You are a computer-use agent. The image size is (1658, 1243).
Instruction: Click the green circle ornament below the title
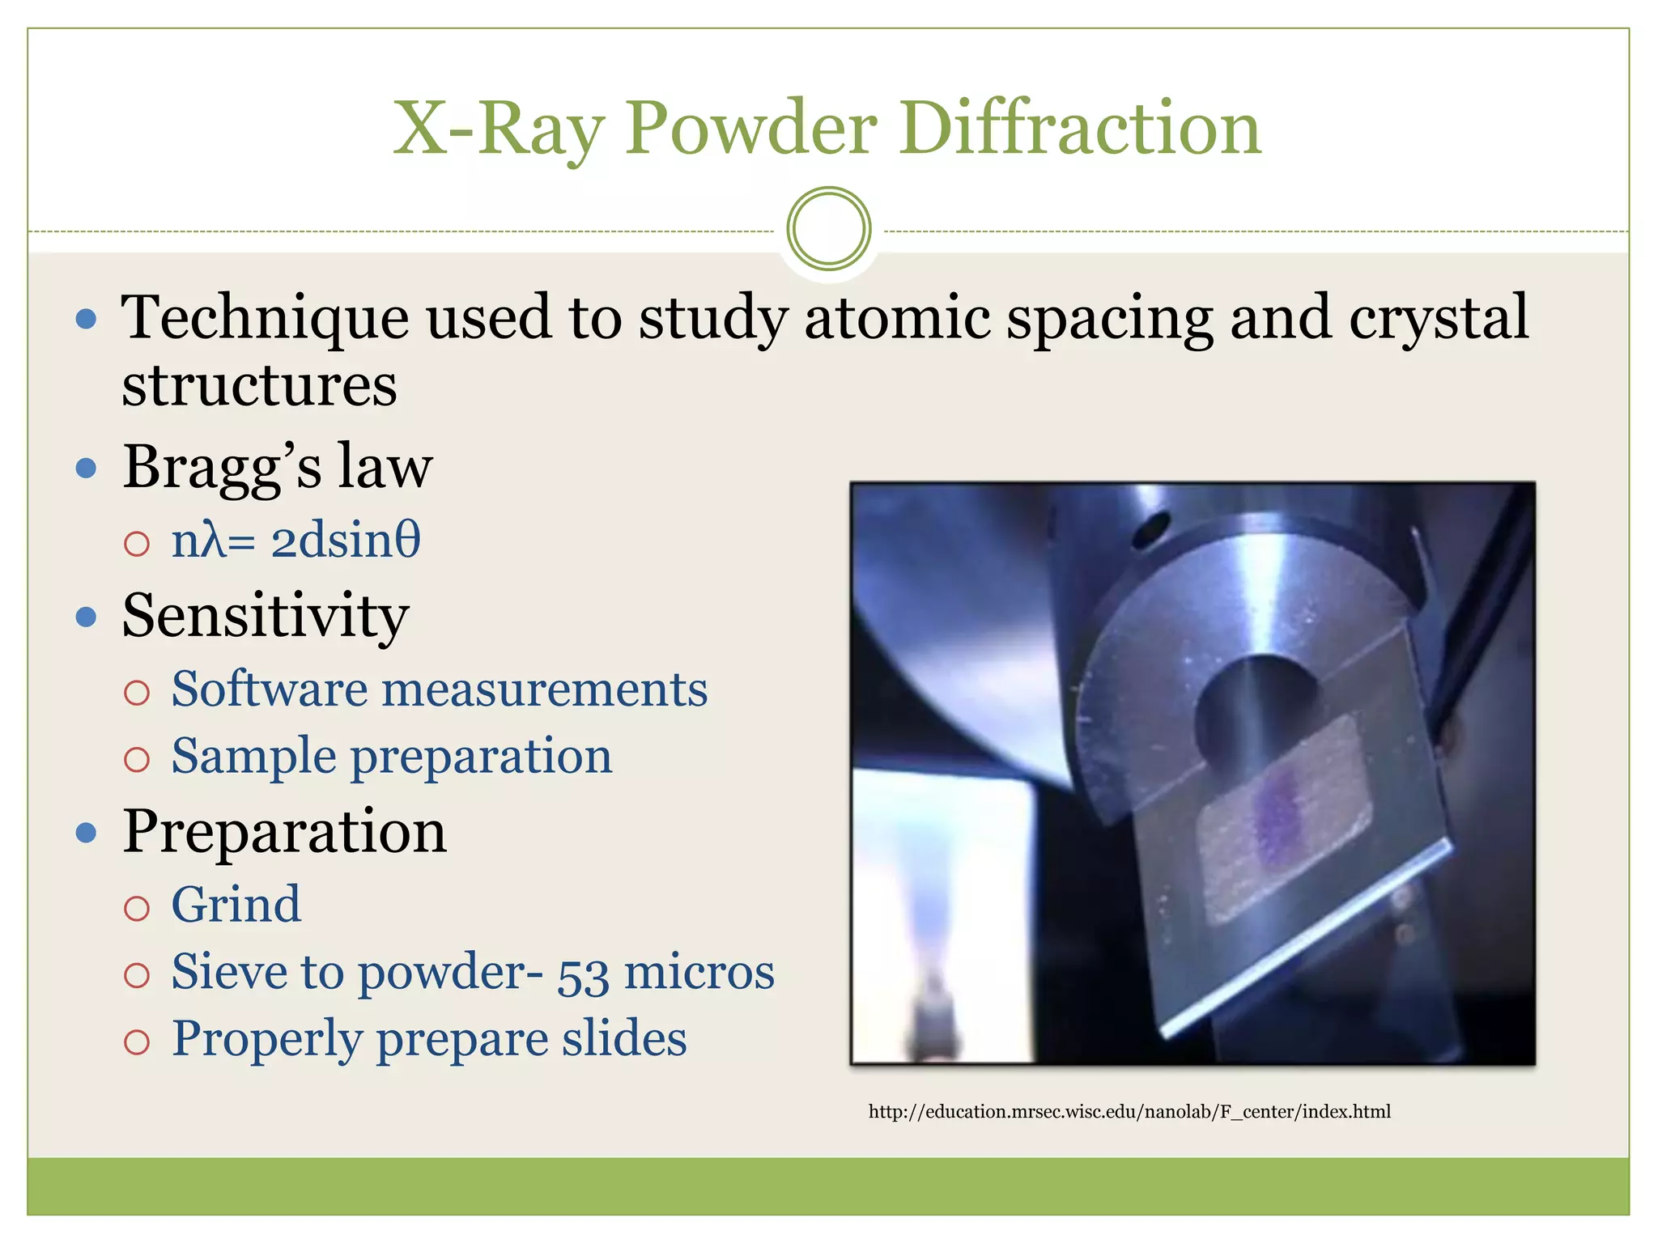tap(828, 229)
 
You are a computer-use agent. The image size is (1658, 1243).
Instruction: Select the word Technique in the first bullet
tap(264, 318)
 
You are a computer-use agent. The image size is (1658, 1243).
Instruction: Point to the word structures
tap(259, 385)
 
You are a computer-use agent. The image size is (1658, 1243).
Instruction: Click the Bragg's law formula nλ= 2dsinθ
tap(295, 541)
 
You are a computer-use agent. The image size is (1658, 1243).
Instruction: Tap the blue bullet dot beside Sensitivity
tap(86, 617)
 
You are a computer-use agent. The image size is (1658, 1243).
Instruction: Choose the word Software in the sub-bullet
tap(270, 689)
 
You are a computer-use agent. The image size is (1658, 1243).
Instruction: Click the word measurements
tap(545, 690)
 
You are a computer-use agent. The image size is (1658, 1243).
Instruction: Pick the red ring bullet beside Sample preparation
tap(137, 759)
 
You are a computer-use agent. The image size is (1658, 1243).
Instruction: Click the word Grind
tap(236, 904)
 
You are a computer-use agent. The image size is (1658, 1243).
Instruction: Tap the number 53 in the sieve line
tap(582, 974)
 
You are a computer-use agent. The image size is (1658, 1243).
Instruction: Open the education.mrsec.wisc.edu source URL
tap(1129, 1112)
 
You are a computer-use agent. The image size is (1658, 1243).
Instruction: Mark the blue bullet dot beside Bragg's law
tap(86, 468)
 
